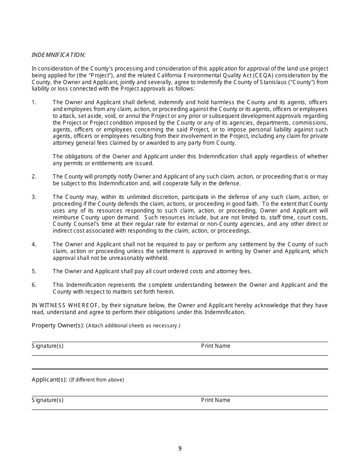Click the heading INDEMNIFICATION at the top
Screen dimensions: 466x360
59,55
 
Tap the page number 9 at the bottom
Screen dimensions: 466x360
180,449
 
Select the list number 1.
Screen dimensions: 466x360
34,102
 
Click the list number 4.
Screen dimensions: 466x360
34,244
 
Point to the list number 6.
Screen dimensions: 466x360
34,285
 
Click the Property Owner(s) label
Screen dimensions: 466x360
58,325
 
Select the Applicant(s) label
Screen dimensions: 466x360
49,380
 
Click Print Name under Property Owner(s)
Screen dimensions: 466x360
216,346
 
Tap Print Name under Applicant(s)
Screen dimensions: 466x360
216,400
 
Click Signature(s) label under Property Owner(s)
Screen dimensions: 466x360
47,346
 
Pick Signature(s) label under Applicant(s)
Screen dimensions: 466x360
47,400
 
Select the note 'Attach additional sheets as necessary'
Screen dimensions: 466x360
133,326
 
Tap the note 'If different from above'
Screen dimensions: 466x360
97,380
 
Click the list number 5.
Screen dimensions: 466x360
34,271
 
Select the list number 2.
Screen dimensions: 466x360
34,177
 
